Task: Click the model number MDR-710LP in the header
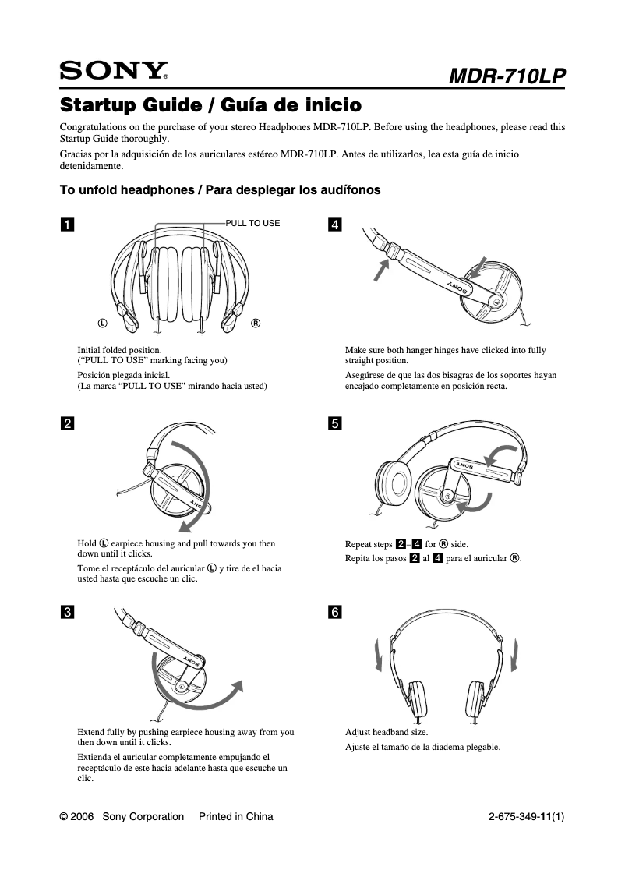[x=507, y=76]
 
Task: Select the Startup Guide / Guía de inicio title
[x=210, y=104]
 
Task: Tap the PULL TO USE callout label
[x=252, y=223]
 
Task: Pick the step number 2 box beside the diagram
[x=68, y=423]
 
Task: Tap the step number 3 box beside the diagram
[x=68, y=612]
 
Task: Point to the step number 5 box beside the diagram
[x=335, y=423]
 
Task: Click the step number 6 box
[x=335, y=612]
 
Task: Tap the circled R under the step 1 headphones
[x=255, y=323]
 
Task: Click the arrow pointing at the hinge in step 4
[x=381, y=273]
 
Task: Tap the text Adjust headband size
[x=387, y=733]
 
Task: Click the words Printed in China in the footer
[x=236, y=817]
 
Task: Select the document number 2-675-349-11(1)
[x=526, y=817]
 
